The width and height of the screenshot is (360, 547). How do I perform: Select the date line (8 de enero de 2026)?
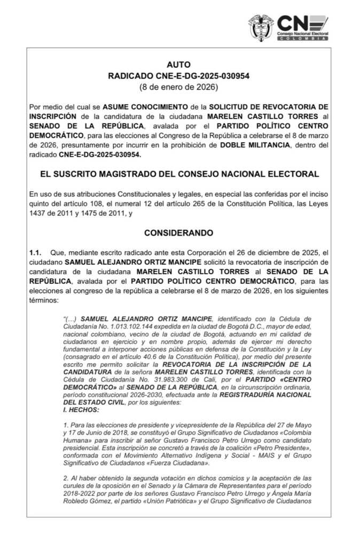pyautogui.click(x=179, y=86)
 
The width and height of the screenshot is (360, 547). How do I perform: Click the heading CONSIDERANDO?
pyautogui.click(x=179, y=233)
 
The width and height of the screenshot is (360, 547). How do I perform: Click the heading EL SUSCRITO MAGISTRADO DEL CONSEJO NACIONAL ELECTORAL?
pyautogui.click(x=179, y=174)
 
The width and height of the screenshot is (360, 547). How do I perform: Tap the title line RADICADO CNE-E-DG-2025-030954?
pyautogui.click(x=179, y=76)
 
